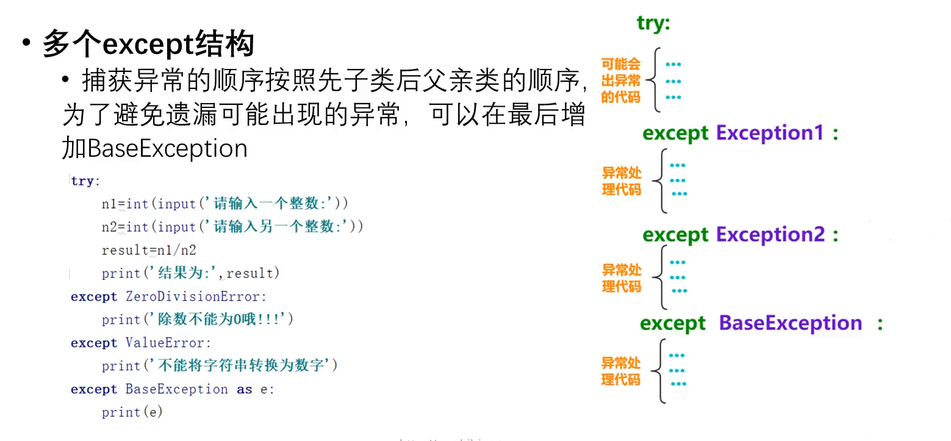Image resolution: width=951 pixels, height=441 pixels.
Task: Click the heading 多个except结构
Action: (x=148, y=45)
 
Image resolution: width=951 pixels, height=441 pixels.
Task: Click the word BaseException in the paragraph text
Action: (x=168, y=149)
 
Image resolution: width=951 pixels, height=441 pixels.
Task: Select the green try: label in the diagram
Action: (x=653, y=23)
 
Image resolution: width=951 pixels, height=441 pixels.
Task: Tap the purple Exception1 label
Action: (x=770, y=133)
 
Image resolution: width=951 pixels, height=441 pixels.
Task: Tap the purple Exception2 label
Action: (x=770, y=235)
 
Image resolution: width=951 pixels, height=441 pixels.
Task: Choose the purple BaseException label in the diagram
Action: (x=791, y=323)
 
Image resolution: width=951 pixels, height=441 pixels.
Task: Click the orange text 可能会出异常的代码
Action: (x=621, y=81)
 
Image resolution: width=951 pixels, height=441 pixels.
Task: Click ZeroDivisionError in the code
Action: (x=196, y=297)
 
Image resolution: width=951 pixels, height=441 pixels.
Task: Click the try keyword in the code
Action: (x=82, y=181)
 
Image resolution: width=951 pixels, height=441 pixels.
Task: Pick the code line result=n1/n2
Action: (x=149, y=250)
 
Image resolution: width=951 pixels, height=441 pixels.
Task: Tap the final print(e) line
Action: (x=132, y=412)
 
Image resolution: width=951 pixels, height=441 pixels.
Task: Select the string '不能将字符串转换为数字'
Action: (x=240, y=366)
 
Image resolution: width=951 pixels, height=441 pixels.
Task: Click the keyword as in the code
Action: (x=245, y=389)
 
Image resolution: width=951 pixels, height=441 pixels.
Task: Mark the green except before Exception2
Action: (x=675, y=235)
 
